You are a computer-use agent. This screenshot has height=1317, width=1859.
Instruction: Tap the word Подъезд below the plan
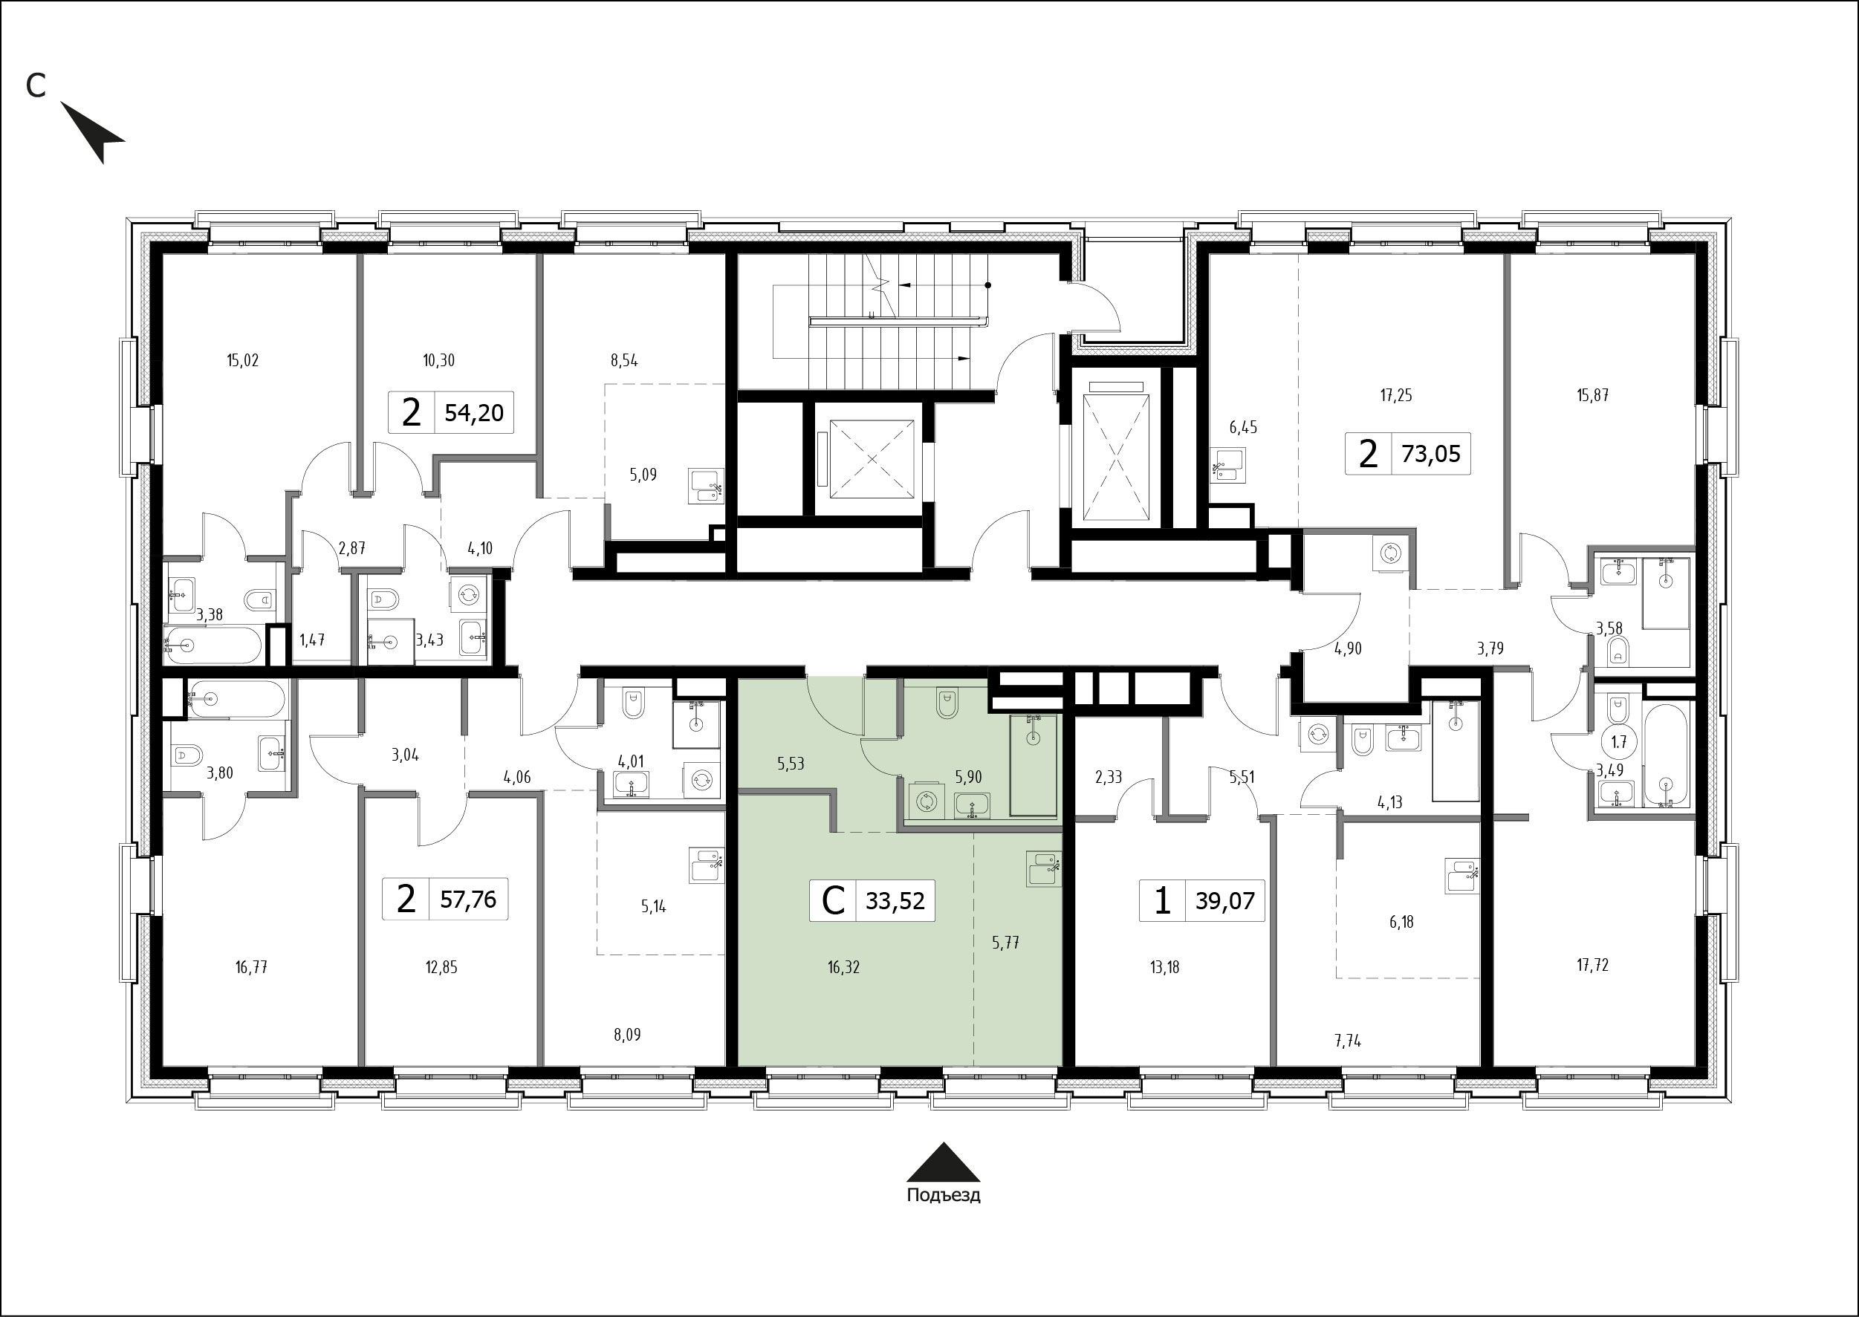click(x=944, y=1195)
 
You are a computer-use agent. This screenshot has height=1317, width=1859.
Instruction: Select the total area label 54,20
click(x=474, y=413)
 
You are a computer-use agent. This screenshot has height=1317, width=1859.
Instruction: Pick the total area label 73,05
click(x=1431, y=453)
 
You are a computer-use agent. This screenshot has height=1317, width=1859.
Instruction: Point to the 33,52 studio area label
click(x=895, y=900)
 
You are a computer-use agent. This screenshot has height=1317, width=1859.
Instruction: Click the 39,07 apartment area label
click(x=1224, y=900)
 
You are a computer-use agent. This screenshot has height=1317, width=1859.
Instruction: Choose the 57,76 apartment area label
click(x=468, y=899)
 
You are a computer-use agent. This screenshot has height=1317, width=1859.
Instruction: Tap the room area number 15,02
click(x=242, y=360)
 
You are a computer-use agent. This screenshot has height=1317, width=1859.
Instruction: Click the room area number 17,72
click(x=1593, y=965)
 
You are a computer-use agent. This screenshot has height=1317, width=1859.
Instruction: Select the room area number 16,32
click(x=843, y=966)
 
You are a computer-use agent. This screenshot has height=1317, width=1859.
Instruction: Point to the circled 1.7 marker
click(x=1619, y=741)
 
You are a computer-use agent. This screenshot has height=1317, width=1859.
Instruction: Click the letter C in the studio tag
click(x=833, y=900)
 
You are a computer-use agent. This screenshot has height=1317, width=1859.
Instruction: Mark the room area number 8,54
click(x=623, y=361)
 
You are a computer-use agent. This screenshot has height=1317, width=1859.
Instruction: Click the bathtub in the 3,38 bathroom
click(x=212, y=645)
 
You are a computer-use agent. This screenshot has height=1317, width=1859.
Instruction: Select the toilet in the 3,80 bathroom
click(x=184, y=756)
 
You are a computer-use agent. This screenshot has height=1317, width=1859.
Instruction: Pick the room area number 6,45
click(x=1242, y=427)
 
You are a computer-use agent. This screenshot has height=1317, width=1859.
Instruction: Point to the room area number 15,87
click(x=1593, y=396)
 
